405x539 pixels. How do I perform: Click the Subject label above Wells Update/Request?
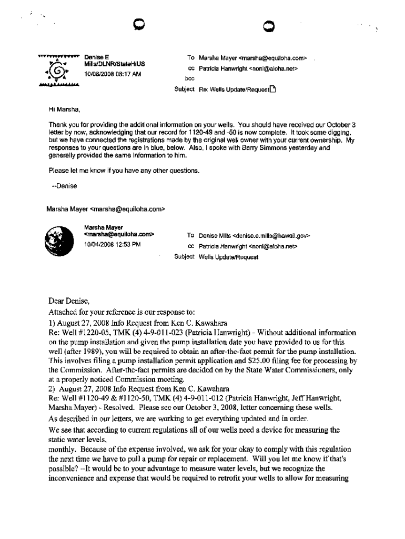pyautogui.click(x=184, y=256)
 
